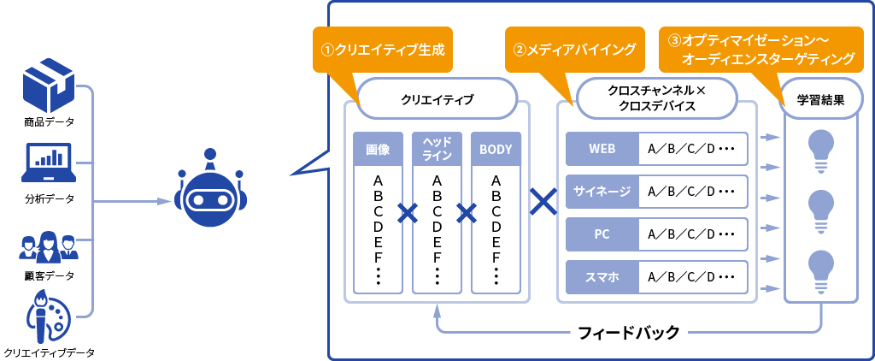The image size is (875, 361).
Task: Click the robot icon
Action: (210, 194)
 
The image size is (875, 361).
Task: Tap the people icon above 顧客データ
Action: (49, 246)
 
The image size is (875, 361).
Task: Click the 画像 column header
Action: (378, 149)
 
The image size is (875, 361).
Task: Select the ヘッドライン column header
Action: (437, 149)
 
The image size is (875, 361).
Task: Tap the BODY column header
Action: (496, 149)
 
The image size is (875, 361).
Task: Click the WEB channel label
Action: (602, 148)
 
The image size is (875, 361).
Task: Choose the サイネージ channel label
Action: (602, 191)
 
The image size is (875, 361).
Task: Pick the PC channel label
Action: (602, 234)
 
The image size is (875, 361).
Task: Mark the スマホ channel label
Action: (602, 276)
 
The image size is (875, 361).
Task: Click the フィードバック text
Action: (629, 331)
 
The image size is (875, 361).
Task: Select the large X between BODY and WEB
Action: (543, 203)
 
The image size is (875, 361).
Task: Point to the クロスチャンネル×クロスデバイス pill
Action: (657, 98)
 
